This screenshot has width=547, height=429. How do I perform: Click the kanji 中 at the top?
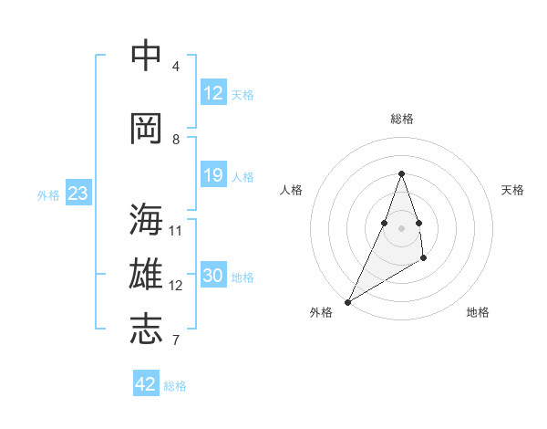[147, 57]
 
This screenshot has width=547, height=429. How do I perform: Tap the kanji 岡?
[147, 129]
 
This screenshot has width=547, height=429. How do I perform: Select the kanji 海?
[147, 220]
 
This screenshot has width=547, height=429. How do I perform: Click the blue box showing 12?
[213, 93]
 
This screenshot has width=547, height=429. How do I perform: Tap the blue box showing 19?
[213, 175]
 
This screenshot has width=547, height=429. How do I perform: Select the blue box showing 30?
[213, 276]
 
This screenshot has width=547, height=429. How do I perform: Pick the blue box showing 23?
[77, 194]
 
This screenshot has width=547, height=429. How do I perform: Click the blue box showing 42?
[146, 384]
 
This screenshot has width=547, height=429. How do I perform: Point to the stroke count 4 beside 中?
[176, 66]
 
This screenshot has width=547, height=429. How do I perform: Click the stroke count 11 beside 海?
[177, 230]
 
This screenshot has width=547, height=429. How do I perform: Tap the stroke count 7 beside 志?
[175, 340]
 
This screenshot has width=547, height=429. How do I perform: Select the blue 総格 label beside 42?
[175, 386]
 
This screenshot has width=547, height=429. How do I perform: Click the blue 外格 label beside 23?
[48, 195]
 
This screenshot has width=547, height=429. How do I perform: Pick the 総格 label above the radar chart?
[402, 119]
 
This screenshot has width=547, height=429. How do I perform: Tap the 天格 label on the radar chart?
[512, 190]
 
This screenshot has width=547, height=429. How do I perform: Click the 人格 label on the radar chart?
[292, 190]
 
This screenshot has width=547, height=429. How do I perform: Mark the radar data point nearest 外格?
[348, 301]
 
